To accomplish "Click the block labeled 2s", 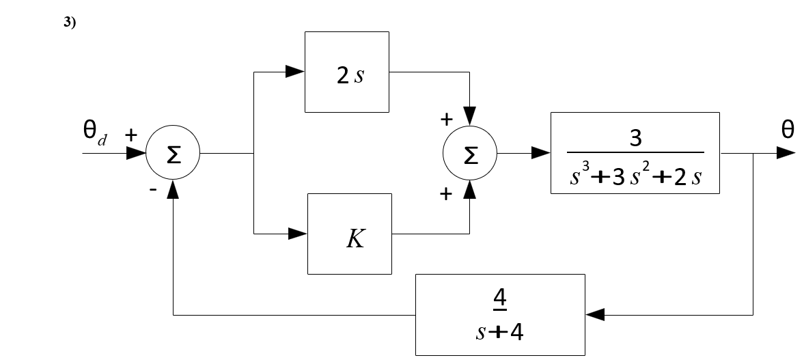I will (x=347, y=71).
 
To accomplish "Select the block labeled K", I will (x=350, y=234).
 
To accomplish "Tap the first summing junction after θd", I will (x=173, y=154).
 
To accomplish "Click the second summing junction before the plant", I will (x=470, y=154).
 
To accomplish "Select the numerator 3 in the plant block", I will (x=635, y=139).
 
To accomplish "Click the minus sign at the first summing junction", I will (x=154, y=192).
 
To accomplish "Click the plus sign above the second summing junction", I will (x=446, y=120).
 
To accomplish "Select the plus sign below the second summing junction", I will (x=446, y=195).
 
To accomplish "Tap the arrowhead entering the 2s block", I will (x=296, y=70).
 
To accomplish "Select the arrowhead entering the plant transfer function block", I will (x=541, y=154).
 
